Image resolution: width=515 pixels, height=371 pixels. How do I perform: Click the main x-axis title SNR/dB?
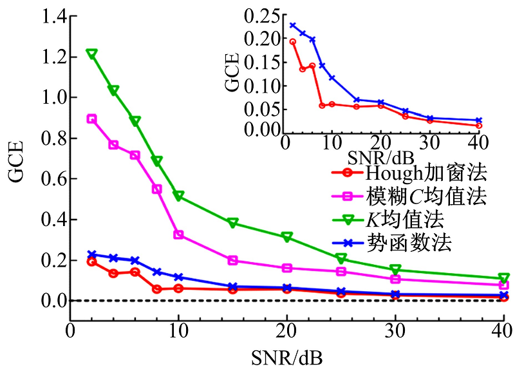point(288,356)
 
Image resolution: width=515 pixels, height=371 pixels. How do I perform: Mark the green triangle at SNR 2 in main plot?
point(92,54)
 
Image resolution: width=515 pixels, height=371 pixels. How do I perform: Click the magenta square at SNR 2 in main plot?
point(92,119)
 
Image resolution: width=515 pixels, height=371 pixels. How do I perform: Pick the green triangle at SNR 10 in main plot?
point(179,196)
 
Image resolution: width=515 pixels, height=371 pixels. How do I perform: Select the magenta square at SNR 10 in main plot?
point(179,235)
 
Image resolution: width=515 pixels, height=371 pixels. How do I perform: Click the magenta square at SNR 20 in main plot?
point(287,268)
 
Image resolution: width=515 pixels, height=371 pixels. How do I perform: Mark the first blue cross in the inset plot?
point(293,26)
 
